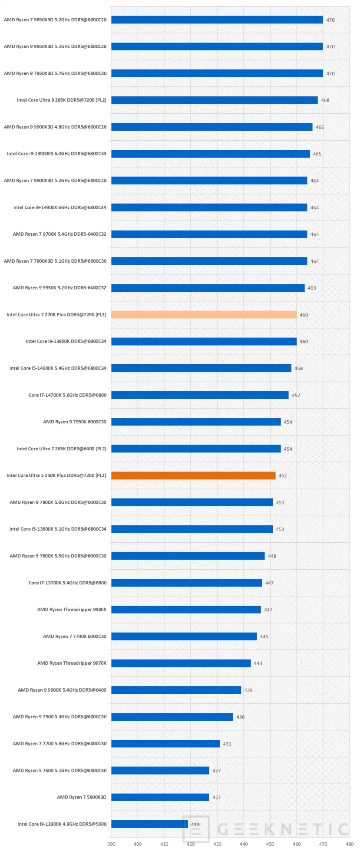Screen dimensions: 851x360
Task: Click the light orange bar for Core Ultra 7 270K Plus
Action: [204, 314]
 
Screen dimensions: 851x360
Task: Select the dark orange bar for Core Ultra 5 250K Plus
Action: [193, 475]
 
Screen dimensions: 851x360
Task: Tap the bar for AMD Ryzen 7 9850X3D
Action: [217, 20]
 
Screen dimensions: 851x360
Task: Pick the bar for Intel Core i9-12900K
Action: [149, 824]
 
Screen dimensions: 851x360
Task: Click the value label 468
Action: [325, 100]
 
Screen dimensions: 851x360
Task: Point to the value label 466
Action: [320, 127]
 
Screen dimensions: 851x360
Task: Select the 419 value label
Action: [195, 824]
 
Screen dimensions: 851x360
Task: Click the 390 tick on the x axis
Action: [111, 844]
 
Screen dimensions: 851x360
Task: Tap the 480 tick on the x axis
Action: [350, 844]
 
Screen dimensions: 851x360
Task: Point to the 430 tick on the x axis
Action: [217, 844]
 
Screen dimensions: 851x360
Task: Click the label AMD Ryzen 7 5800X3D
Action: [81, 797]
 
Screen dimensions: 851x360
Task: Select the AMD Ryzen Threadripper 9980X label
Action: [72, 610]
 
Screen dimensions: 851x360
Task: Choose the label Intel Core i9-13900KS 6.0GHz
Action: [56, 154]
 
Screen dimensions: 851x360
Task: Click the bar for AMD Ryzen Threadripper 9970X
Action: [181, 663]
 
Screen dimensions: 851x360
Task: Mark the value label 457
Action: [296, 396]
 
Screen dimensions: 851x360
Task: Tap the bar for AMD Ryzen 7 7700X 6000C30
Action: [184, 636]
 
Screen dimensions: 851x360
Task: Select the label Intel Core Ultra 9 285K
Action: [62, 100]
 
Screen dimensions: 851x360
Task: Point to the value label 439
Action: [248, 690]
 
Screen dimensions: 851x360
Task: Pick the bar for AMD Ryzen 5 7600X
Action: [188, 556]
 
